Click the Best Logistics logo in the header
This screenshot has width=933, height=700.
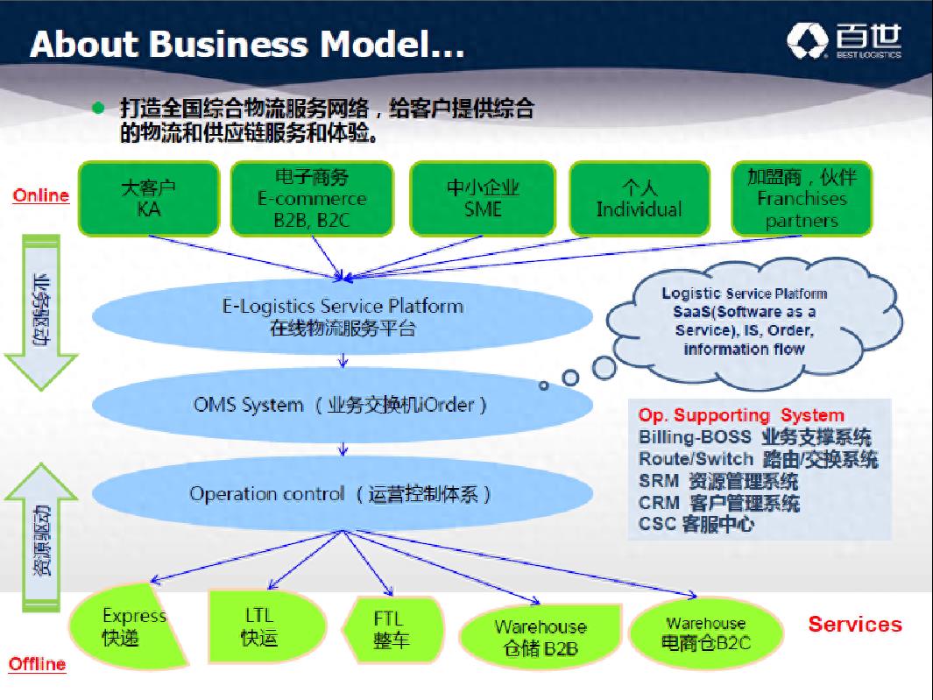point(844,41)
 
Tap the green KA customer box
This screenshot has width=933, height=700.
point(149,199)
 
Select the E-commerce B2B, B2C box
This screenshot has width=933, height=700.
point(313,199)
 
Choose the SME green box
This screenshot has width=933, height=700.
point(483,199)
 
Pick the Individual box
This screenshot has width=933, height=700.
point(640,199)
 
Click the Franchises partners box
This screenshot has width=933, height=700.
point(802,199)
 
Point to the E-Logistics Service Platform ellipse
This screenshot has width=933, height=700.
point(343,316)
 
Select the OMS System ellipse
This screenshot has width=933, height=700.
point(343,405)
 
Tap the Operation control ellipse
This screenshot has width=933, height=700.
point(343,493)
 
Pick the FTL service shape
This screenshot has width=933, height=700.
point(392,629)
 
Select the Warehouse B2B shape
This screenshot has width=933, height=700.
point(541,636)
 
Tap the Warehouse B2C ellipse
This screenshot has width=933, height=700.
point(706,633)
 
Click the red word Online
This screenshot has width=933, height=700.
point(40,196)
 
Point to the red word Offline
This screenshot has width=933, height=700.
point(37,664)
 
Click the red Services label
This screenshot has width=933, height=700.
point(855,625)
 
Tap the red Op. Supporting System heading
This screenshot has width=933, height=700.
point(741,415)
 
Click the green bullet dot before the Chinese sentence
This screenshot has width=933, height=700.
point(98,108)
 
